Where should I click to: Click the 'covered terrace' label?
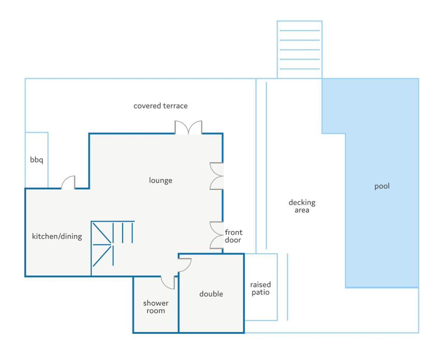[160, 106]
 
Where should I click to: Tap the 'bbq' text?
[37, 160]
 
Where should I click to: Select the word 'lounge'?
[160, 180]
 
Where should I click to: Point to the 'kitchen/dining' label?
[57, 236]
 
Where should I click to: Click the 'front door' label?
[233, 236]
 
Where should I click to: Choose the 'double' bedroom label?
[211, 294]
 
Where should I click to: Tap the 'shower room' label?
[156, 307]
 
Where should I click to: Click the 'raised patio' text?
[260, 288]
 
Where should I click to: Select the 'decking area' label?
[302, 206]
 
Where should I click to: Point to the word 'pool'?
[382, 186]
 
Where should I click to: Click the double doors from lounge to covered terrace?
[188, 127]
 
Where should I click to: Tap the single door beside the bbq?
[69, 182]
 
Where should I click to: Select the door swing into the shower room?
[168, 282]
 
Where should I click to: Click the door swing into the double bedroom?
[185, 265]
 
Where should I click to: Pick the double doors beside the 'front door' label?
[216, 235]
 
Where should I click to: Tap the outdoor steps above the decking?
[299, 50]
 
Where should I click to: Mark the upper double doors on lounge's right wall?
[216, 176]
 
